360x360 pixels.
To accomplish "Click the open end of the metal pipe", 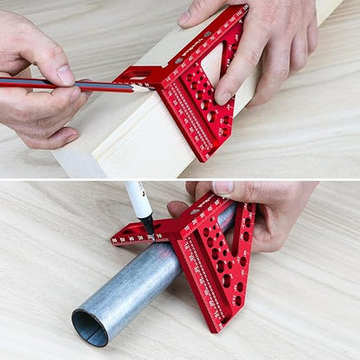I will pos(90,327).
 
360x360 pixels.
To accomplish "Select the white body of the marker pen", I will pos(138,199).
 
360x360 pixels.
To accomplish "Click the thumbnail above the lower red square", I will pos(222,188).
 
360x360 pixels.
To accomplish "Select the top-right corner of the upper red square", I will pos(244,9).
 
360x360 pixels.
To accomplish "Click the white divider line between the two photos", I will pos(180,179).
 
